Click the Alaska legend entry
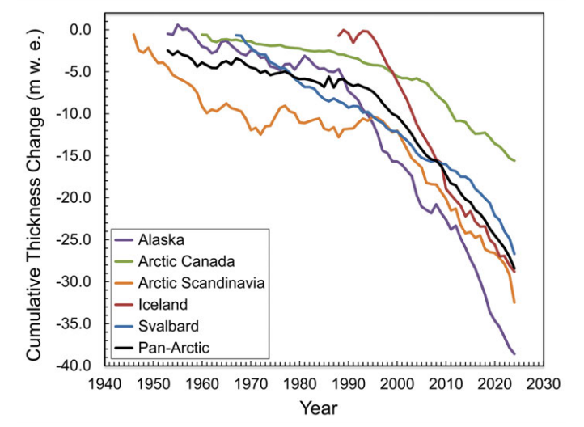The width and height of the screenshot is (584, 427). pyautogui.click(x=161, y=240)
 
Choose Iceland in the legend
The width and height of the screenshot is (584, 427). pyautogui.click(x=163, y=305)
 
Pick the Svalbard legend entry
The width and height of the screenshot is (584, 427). pyautogui.click(x=167, y=327)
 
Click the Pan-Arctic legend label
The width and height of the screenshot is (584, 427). pyautogui.click(x=172, y=349)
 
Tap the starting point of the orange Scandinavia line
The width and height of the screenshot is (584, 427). pyautogui.click(x=133, y=34)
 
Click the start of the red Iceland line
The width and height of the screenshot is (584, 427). pyautogui.click(x=338, y=36)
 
